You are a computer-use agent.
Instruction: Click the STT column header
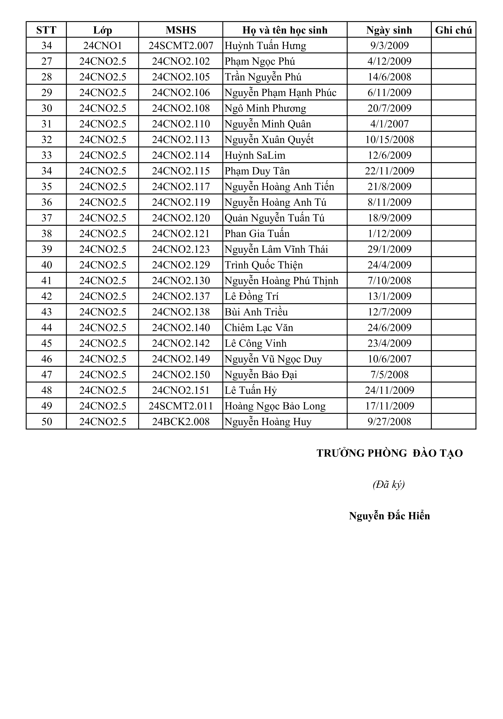[x=46, y=30]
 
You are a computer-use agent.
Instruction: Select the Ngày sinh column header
[x=389, y=30]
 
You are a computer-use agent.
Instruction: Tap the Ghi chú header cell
[x=453, y=30]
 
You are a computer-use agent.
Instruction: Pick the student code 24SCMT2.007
[x=181, y=46]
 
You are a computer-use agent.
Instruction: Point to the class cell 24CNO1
[x=102, y=46]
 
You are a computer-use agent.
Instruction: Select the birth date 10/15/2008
[x=389, y=140]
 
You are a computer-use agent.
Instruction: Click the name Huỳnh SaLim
[x=255, y=155]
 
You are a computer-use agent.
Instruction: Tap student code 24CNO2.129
[x=181, y=265]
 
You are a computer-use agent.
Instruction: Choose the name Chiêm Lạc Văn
[x=259, y=328]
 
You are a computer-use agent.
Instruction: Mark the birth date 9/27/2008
[x=389, y=421]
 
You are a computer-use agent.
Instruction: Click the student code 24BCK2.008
[x=181, y=421]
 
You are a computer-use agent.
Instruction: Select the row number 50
[x=46, y=421]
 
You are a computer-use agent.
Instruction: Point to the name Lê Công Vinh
[x=255, y=343]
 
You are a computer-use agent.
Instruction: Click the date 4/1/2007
[x=389, y=124]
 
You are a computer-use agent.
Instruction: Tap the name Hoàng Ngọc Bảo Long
[x=275, y=406]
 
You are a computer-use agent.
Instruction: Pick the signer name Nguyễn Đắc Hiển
[x=389, y=516]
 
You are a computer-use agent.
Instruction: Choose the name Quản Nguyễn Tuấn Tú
[x=274, y=218]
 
